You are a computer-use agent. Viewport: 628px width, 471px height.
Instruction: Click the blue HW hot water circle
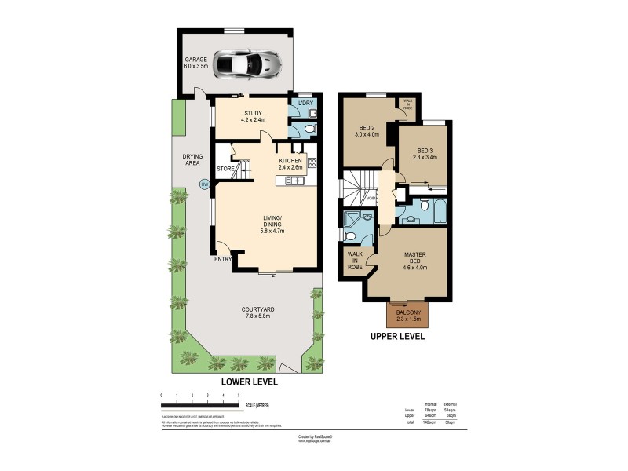click(205, 184)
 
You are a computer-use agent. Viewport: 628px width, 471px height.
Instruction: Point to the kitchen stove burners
click(312, 163)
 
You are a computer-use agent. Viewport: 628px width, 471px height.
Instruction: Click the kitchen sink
click(297, 181)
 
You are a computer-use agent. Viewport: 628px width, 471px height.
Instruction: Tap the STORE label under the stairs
click(226, 168)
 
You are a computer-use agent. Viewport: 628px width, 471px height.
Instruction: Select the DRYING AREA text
click(193, 159)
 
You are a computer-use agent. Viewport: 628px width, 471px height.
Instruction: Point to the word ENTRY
click(223, 259)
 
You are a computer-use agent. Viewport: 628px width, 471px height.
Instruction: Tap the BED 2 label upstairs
click(367, 130)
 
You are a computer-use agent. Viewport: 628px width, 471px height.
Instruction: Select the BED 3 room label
click(426, 155)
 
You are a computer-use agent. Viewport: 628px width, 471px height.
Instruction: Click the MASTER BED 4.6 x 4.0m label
click(414, 261)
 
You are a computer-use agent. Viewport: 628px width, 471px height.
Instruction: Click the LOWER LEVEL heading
click(248, 382)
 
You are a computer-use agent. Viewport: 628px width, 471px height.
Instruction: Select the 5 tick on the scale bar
click(238, 396)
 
